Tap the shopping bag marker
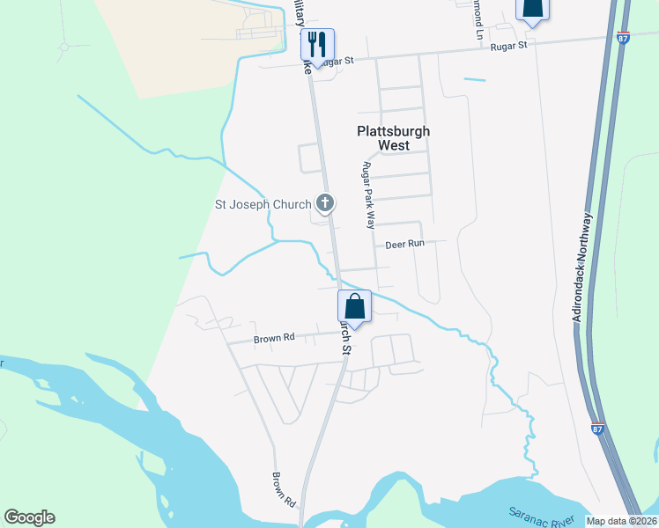point(354,307)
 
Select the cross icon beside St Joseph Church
point(325,204)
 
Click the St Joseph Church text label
point(263,205)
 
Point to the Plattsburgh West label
point(393,138)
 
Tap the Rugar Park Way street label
point(369,195)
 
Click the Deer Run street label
point(405,244)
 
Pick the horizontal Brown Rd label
point(273,337)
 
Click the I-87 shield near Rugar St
point(624,40)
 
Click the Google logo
point(29,517)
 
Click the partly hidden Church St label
point(345,339)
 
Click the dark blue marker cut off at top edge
point(532,9)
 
